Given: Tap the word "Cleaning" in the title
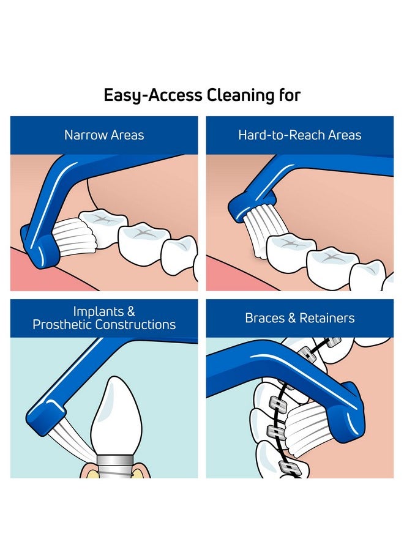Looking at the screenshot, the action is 240,95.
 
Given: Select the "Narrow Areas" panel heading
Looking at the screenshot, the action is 104,135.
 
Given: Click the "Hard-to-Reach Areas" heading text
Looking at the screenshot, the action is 300,135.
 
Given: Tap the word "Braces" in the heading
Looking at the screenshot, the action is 265,318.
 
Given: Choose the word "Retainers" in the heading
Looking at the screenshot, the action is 327,318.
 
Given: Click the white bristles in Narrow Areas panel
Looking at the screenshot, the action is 72,236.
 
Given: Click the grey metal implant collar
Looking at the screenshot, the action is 113,466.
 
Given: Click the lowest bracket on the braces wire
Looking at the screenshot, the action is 290,468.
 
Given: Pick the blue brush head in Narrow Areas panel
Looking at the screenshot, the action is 40,248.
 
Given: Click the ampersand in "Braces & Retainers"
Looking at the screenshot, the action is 292,318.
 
